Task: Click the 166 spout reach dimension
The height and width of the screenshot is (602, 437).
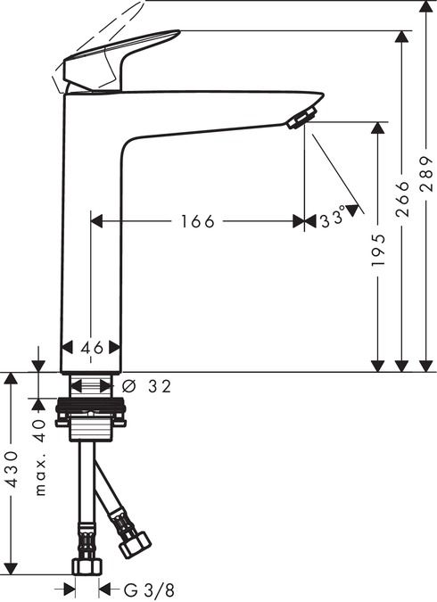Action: tap(197, 221)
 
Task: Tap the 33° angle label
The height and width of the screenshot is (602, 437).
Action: tap(333, 219)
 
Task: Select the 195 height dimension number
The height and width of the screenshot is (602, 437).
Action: tap(378, 250)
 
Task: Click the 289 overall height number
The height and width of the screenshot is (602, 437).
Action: tap(426, 174)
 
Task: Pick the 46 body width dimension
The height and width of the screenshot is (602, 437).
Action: tap(92, 348)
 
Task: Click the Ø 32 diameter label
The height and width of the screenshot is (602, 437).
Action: tap(146, 386)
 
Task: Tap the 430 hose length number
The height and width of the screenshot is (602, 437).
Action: tap(12, 469)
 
